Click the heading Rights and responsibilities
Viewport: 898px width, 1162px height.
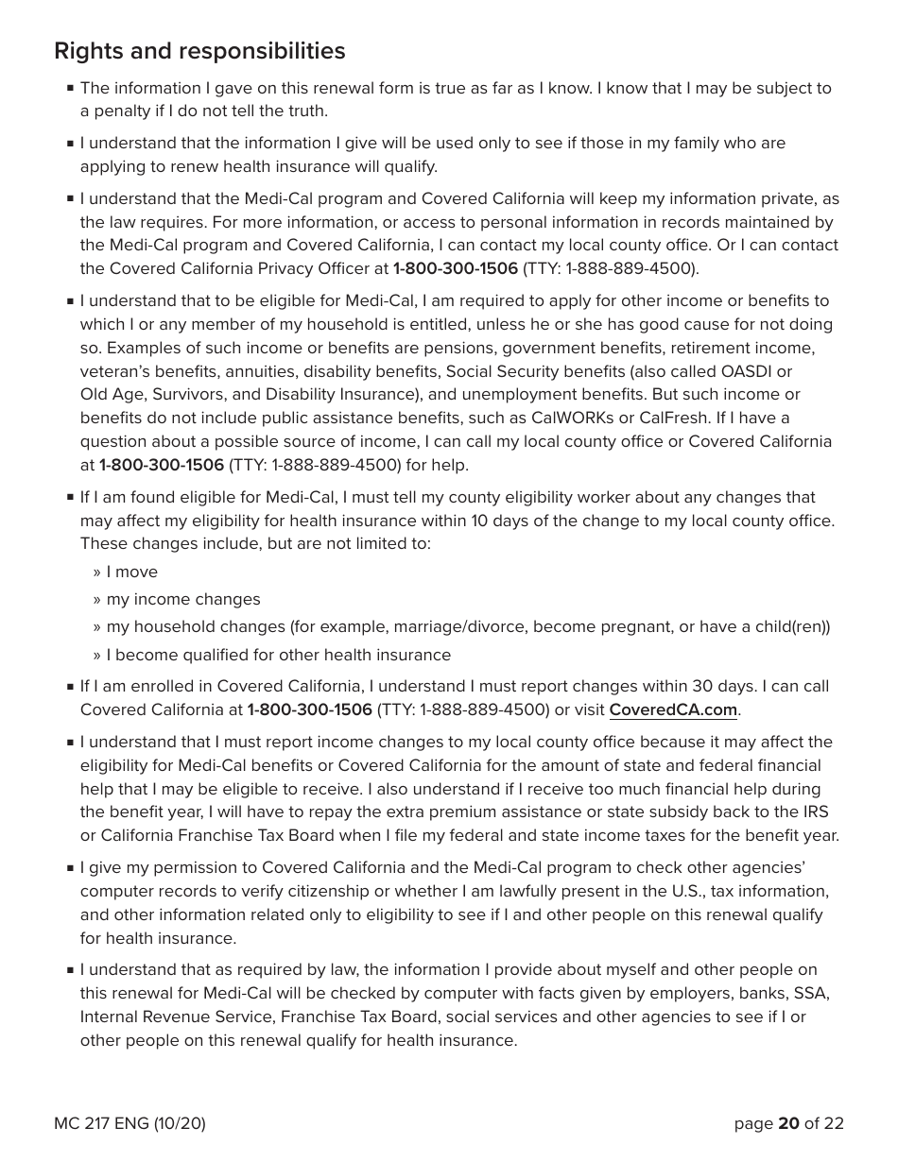click(199, 51)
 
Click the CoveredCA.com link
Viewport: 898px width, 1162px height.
click(672, 710)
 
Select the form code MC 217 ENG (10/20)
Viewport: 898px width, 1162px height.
click(130, 1123)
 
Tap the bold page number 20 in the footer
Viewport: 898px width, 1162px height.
click(788, 1123)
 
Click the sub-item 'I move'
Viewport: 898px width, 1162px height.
click(131, 572)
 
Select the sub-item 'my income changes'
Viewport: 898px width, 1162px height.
click(183, 600)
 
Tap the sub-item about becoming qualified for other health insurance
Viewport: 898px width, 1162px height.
click(278, 656)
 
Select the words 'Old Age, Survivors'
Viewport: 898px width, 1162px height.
click(151, 395)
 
